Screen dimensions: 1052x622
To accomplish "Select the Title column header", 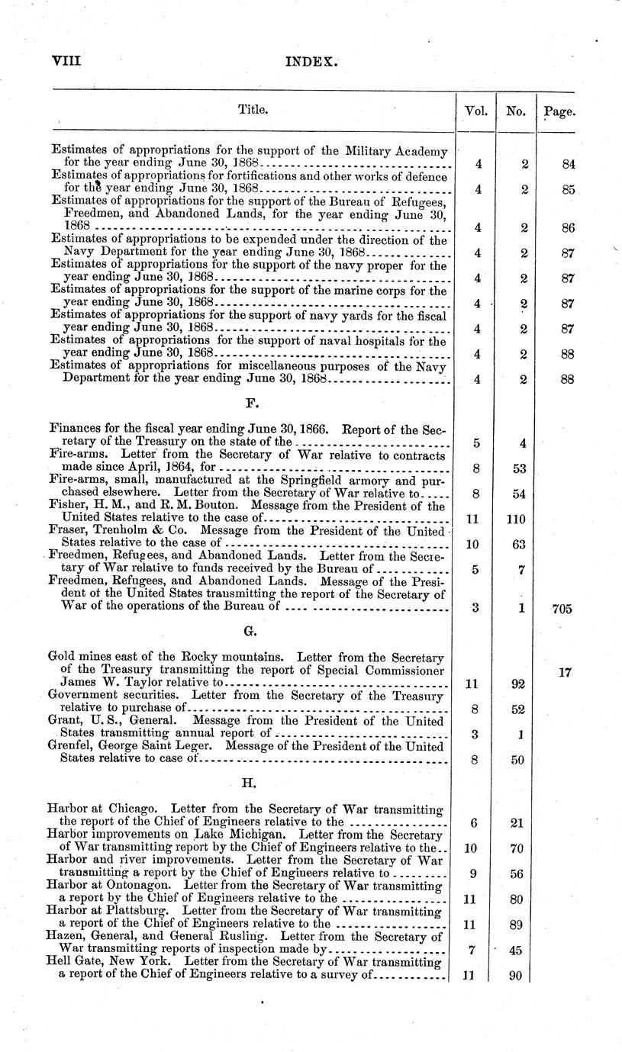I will (253, 110).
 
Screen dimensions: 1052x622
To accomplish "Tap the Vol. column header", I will (476, 111).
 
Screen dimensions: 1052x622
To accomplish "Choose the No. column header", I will (516, 111).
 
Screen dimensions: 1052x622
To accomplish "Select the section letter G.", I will (248, 632).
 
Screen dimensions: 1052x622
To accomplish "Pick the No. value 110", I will (517, 519).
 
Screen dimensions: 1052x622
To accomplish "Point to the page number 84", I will (567, 164).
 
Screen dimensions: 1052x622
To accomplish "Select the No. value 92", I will (517, 684).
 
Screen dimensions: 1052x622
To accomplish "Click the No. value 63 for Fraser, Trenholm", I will (517, 544).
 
